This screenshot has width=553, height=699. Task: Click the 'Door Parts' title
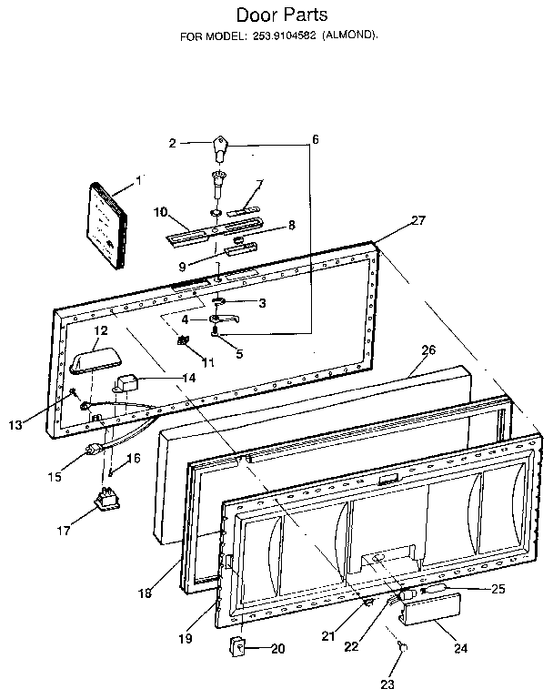pos(282,15)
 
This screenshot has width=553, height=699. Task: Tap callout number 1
pos(138,181)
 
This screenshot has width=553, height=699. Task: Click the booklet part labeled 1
pos(107,226)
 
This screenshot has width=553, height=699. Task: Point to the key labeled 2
pos(219,146)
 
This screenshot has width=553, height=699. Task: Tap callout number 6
pos(315,139)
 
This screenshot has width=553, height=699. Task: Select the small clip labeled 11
pos(184,341)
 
